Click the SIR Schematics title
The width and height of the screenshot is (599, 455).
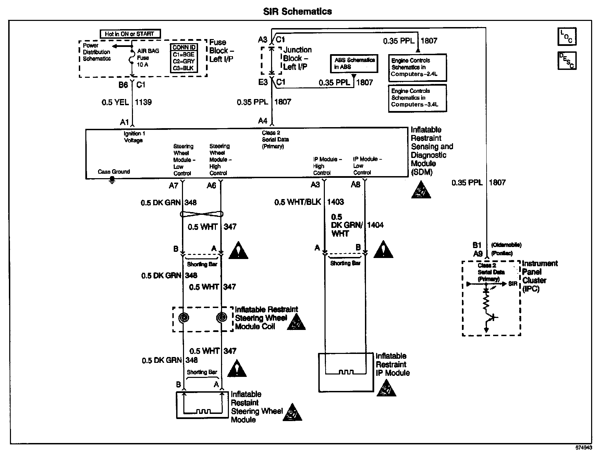(297, 12)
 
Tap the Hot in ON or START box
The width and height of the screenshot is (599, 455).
(130, 34)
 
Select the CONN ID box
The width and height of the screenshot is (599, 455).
(184, 58)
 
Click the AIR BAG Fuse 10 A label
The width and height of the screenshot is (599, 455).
(148, 58)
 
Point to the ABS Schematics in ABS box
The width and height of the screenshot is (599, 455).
(354, 63)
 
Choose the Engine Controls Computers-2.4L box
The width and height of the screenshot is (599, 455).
(417, 67)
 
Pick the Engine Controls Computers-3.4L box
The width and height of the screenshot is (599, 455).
(417, 98)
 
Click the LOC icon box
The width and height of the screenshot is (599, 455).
(567, 37)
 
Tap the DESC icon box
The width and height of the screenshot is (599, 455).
(567, 61)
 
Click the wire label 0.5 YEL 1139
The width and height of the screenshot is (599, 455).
(126, 102)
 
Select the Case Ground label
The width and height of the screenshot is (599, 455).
(114, 172)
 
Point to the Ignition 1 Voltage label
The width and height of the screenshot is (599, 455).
(133, 137)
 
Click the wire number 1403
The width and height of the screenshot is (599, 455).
(335, 202)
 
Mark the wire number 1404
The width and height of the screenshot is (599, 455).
(375, 225)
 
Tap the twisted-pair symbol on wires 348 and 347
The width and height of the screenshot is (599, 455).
(202, 214)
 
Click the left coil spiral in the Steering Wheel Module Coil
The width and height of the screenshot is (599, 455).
(184, 318)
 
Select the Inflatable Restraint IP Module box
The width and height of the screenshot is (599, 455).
(346, 372)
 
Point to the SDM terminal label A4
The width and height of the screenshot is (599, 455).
(262, 121)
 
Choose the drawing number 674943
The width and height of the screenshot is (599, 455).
(584, 448)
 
